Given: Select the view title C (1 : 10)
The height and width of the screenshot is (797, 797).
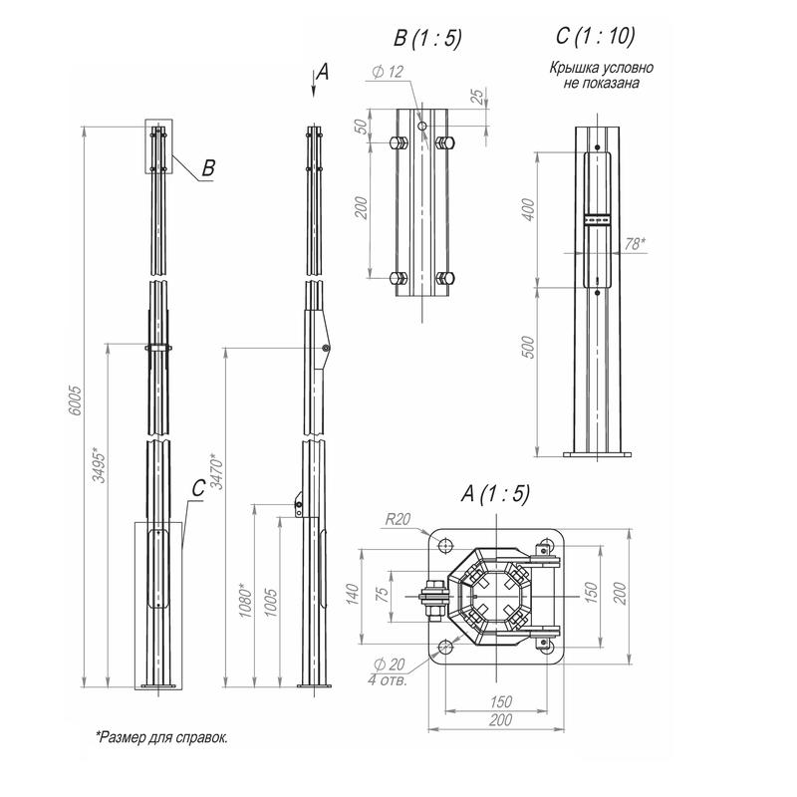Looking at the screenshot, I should (595, 38).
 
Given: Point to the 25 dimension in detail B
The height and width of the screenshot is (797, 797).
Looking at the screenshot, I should (477, 96).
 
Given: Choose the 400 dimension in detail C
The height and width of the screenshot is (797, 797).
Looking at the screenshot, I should (529, 210).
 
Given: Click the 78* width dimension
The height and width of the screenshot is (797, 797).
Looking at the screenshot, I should (633, 242).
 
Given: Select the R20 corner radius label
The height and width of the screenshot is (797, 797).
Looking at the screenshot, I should (396, 518).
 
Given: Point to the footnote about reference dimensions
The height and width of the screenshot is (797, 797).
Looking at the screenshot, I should (160, 737).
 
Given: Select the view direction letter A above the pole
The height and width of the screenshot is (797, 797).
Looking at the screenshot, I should (320, 70).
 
